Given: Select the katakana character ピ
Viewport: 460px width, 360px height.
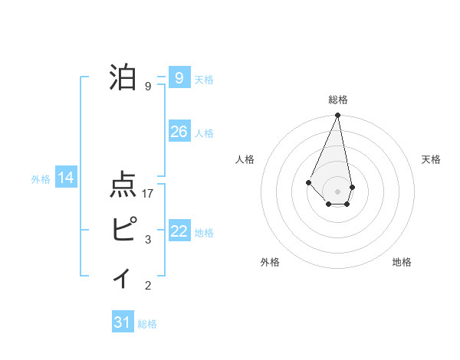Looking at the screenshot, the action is coord(124,230).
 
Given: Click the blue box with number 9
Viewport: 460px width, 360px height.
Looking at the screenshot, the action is coord(179,78).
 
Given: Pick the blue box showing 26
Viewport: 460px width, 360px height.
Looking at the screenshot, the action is coord(179,132).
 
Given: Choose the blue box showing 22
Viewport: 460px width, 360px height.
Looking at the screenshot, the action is coord(179,231).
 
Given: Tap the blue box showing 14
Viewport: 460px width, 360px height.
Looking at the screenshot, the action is coord(66,178).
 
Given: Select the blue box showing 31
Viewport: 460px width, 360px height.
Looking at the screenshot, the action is coord(123,322).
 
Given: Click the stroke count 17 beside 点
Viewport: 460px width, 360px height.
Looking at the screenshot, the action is coord(149,194).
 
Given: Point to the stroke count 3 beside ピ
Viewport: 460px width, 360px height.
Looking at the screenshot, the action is coord(148,241).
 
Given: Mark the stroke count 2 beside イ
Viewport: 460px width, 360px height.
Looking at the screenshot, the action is coord(148,286).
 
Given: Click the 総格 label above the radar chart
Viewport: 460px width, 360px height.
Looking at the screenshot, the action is coord(338,100).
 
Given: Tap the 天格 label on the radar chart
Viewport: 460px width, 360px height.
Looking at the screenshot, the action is coord(431,159).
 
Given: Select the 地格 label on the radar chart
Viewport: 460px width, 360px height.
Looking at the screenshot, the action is coord(402,262).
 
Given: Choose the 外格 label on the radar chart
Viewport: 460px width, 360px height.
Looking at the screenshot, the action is coord(270,262).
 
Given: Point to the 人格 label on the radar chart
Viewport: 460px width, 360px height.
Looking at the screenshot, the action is coord(245,159).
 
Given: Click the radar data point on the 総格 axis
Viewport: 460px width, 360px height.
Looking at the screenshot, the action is coord(338,116).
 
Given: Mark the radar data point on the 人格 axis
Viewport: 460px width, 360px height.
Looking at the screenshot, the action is coord(308,182).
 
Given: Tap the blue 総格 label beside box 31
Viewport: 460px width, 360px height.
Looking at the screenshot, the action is coord(147,324).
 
